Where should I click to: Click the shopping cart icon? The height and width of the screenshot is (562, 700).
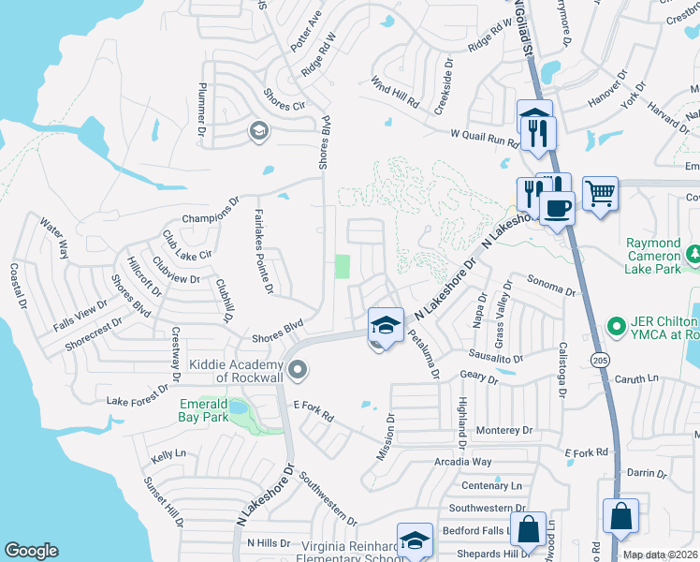(600, 194)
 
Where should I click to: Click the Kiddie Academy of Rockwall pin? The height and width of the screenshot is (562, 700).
(298, 372)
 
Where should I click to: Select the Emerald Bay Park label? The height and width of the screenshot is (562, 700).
(204, 411)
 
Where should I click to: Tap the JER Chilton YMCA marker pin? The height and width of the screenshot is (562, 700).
(616, 326)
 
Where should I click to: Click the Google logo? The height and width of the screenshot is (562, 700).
(31, 551)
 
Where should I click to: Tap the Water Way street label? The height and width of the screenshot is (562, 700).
(54, 237)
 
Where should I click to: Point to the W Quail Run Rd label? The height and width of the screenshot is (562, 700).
(484, 138)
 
